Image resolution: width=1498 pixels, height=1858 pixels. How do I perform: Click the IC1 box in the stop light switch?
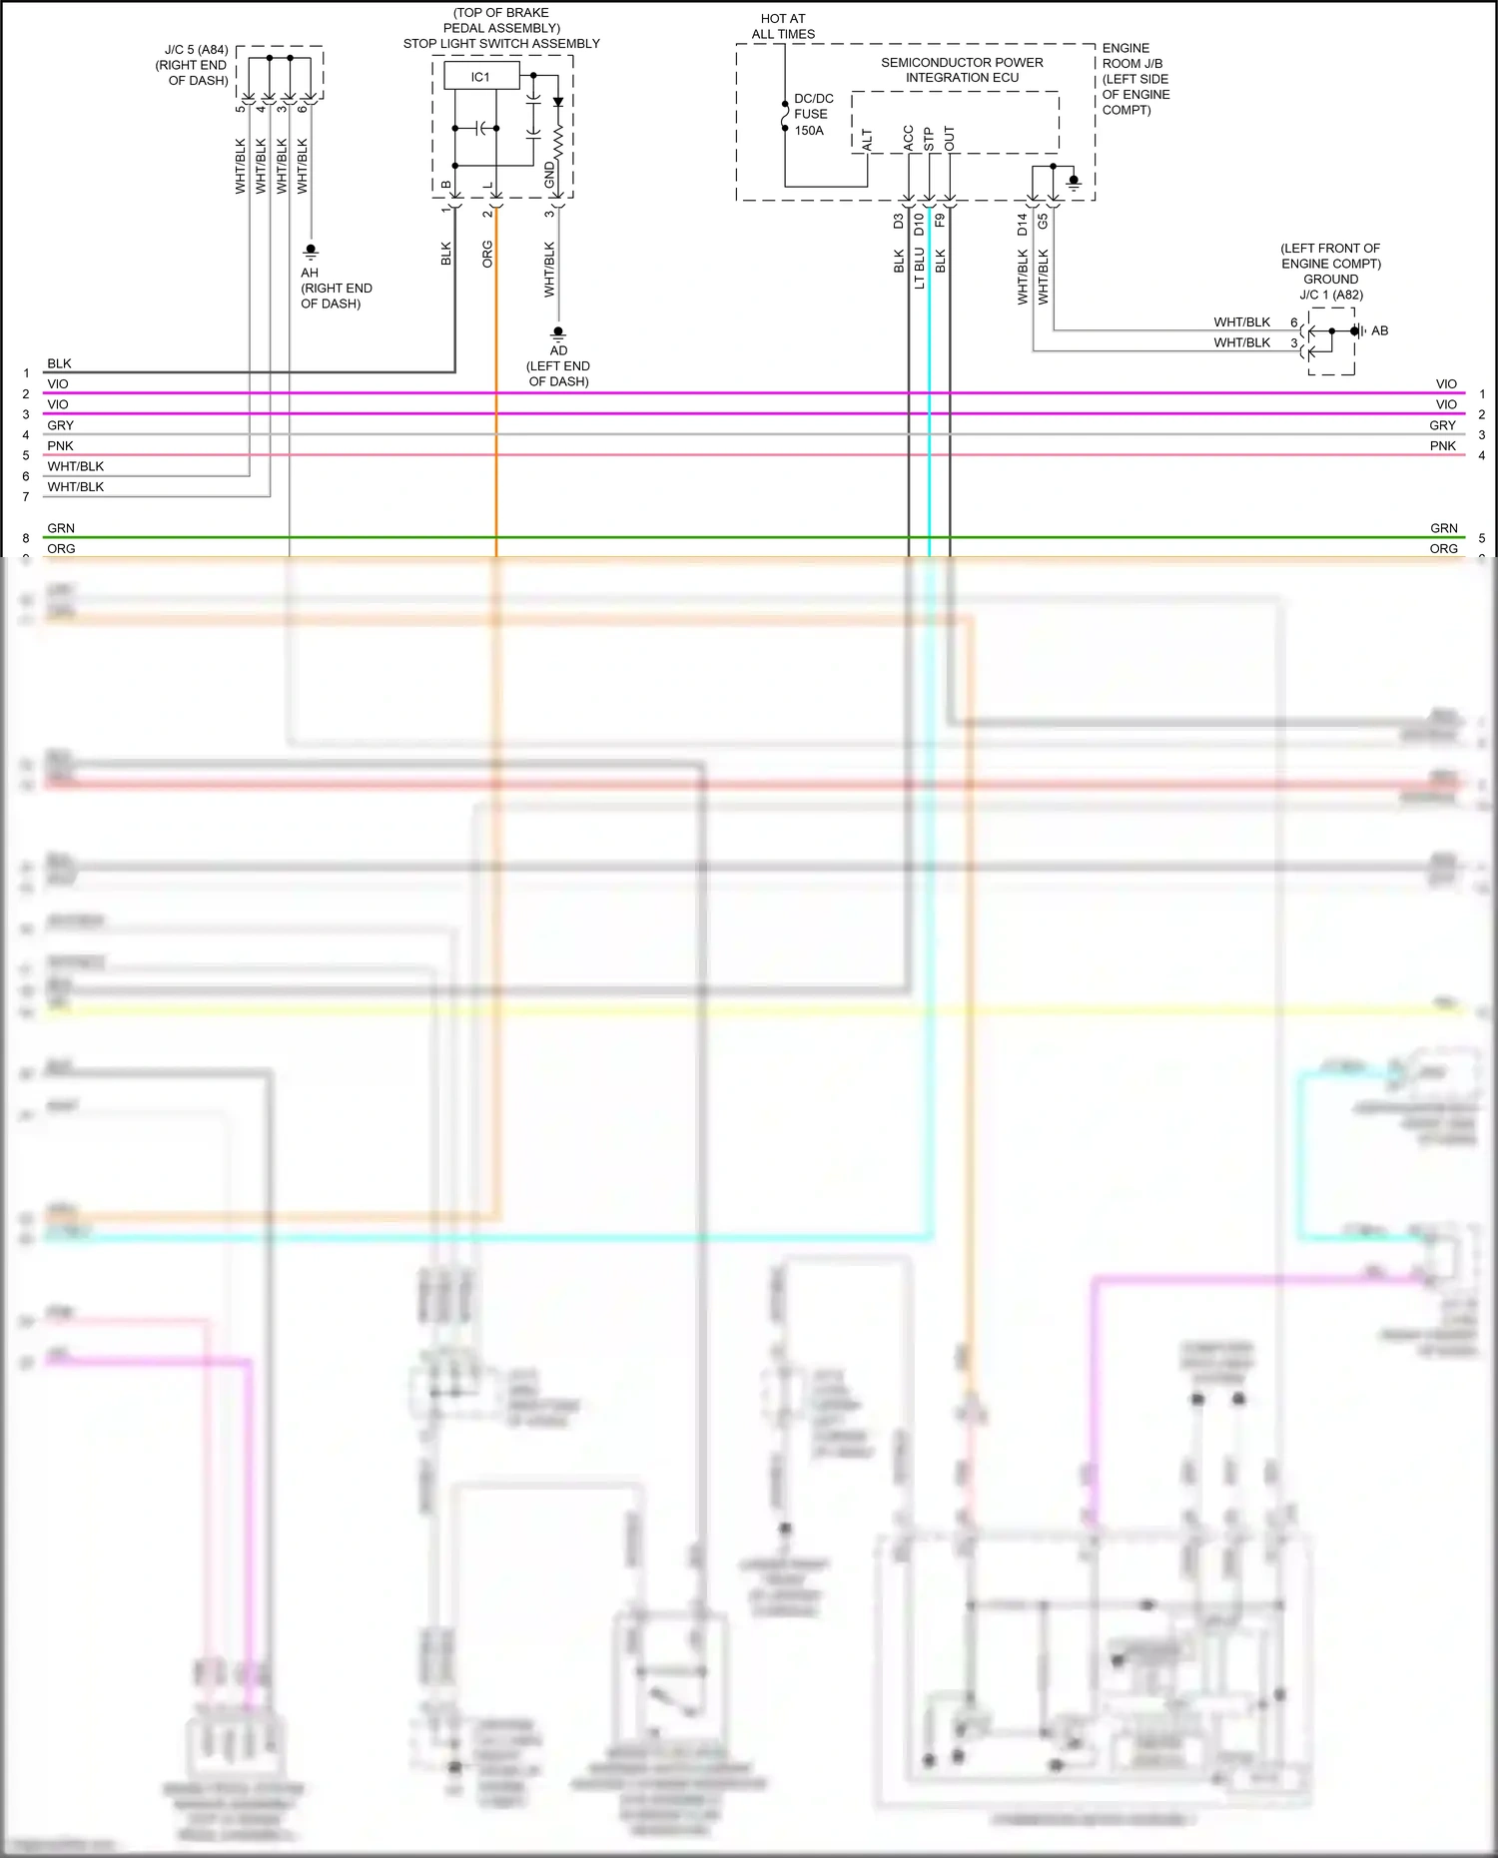click(480, 77)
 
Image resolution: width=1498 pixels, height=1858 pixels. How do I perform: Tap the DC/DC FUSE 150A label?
click(813, 115)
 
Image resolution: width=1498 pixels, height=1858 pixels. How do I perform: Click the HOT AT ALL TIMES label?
click(783, 26)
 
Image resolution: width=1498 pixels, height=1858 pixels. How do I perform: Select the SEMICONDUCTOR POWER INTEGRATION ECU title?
click(962, 70)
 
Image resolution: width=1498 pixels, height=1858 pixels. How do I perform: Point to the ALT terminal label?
click(867, 140)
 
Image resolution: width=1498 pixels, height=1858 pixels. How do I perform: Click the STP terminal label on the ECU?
click(929, 139)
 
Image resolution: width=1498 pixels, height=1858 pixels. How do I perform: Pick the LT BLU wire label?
click(919, 269)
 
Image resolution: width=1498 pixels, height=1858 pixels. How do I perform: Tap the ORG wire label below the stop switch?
click(487, 254)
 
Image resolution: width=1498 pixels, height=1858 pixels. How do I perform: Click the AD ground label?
click(558, 350)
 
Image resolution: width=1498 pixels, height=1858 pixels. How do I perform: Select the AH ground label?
click(310, 273)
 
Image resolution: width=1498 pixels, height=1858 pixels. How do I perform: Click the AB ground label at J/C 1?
click(1379, 330)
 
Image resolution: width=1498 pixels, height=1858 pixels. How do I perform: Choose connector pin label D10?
click(919, 225)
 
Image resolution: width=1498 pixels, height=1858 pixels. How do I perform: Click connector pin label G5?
click(1043, 222)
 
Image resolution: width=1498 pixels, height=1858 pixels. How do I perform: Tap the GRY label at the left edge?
click(60, 425)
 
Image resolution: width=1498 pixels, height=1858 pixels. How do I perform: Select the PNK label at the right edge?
click(1442, 446)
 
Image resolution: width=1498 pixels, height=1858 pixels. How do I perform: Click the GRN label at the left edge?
click(61, 528)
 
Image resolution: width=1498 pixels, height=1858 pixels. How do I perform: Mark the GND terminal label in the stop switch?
click(549, 177)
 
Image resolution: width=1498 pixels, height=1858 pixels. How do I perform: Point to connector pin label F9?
click(940, 221)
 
